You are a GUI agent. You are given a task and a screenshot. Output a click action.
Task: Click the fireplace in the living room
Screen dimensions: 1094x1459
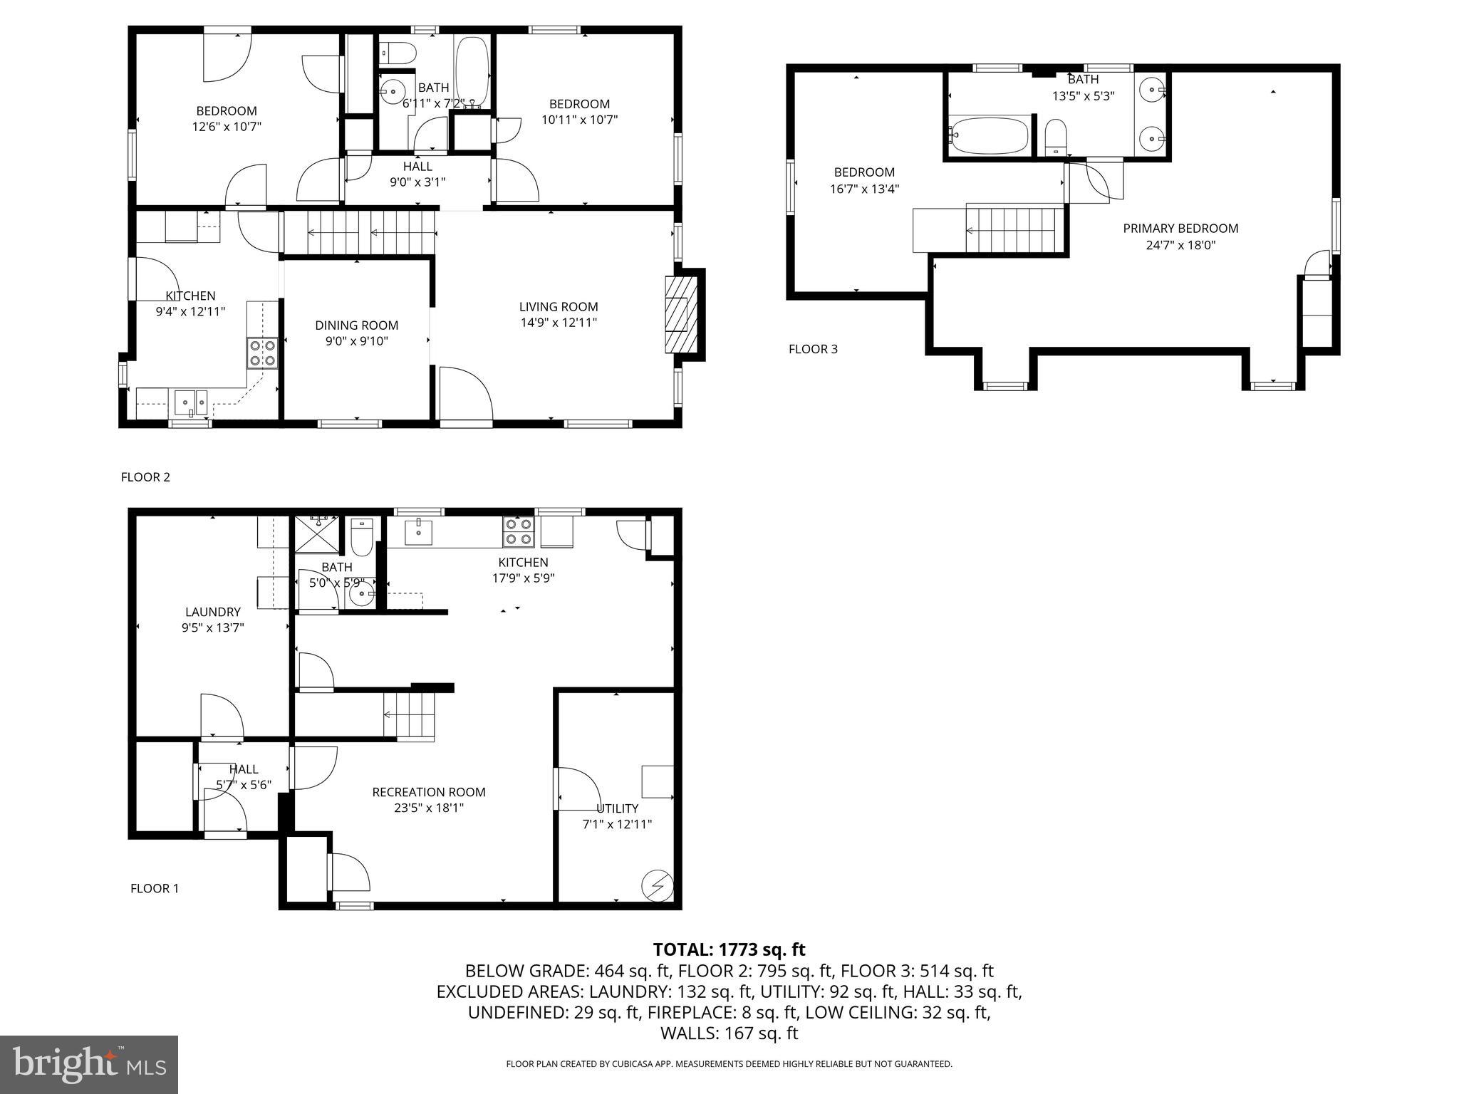pos(680,314)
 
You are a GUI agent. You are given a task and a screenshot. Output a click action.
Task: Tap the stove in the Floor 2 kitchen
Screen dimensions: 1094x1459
pos(262,353)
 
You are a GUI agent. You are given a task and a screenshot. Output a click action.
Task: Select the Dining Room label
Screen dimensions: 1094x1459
pos(356,325)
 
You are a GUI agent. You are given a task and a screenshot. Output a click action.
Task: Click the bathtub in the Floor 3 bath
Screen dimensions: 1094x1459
pos(990,135)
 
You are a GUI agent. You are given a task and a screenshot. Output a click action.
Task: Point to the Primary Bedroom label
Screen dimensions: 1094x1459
pos(1180,229)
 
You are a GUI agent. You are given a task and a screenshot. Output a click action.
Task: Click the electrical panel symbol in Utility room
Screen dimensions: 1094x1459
pos(657,885)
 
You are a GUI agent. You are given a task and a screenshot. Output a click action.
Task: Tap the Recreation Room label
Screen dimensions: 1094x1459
pos(429,792)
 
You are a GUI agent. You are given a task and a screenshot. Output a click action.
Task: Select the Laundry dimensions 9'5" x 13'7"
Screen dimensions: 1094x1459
pos(213,627)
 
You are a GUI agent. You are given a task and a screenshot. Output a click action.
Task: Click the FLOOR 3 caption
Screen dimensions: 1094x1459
pos(813,349)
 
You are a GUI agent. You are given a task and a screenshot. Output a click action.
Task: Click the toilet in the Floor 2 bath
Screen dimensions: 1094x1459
pos(398,53)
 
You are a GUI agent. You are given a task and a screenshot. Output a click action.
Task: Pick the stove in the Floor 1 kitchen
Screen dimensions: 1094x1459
pos(519,531)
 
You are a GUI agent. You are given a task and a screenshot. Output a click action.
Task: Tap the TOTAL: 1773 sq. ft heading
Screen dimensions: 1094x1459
pos(729,949)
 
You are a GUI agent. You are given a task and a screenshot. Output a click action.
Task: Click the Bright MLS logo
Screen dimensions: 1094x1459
pos(89,1064)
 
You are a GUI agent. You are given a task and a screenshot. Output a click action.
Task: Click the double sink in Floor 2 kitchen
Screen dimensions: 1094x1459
pos(190,403)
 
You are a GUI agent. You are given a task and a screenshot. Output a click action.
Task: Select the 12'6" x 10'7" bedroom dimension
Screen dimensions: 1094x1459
pos(227,127)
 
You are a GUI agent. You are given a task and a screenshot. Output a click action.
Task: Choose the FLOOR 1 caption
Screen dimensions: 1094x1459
pos(155,888)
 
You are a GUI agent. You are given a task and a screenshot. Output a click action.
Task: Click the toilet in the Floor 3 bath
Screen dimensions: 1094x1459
pos(1055,137)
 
